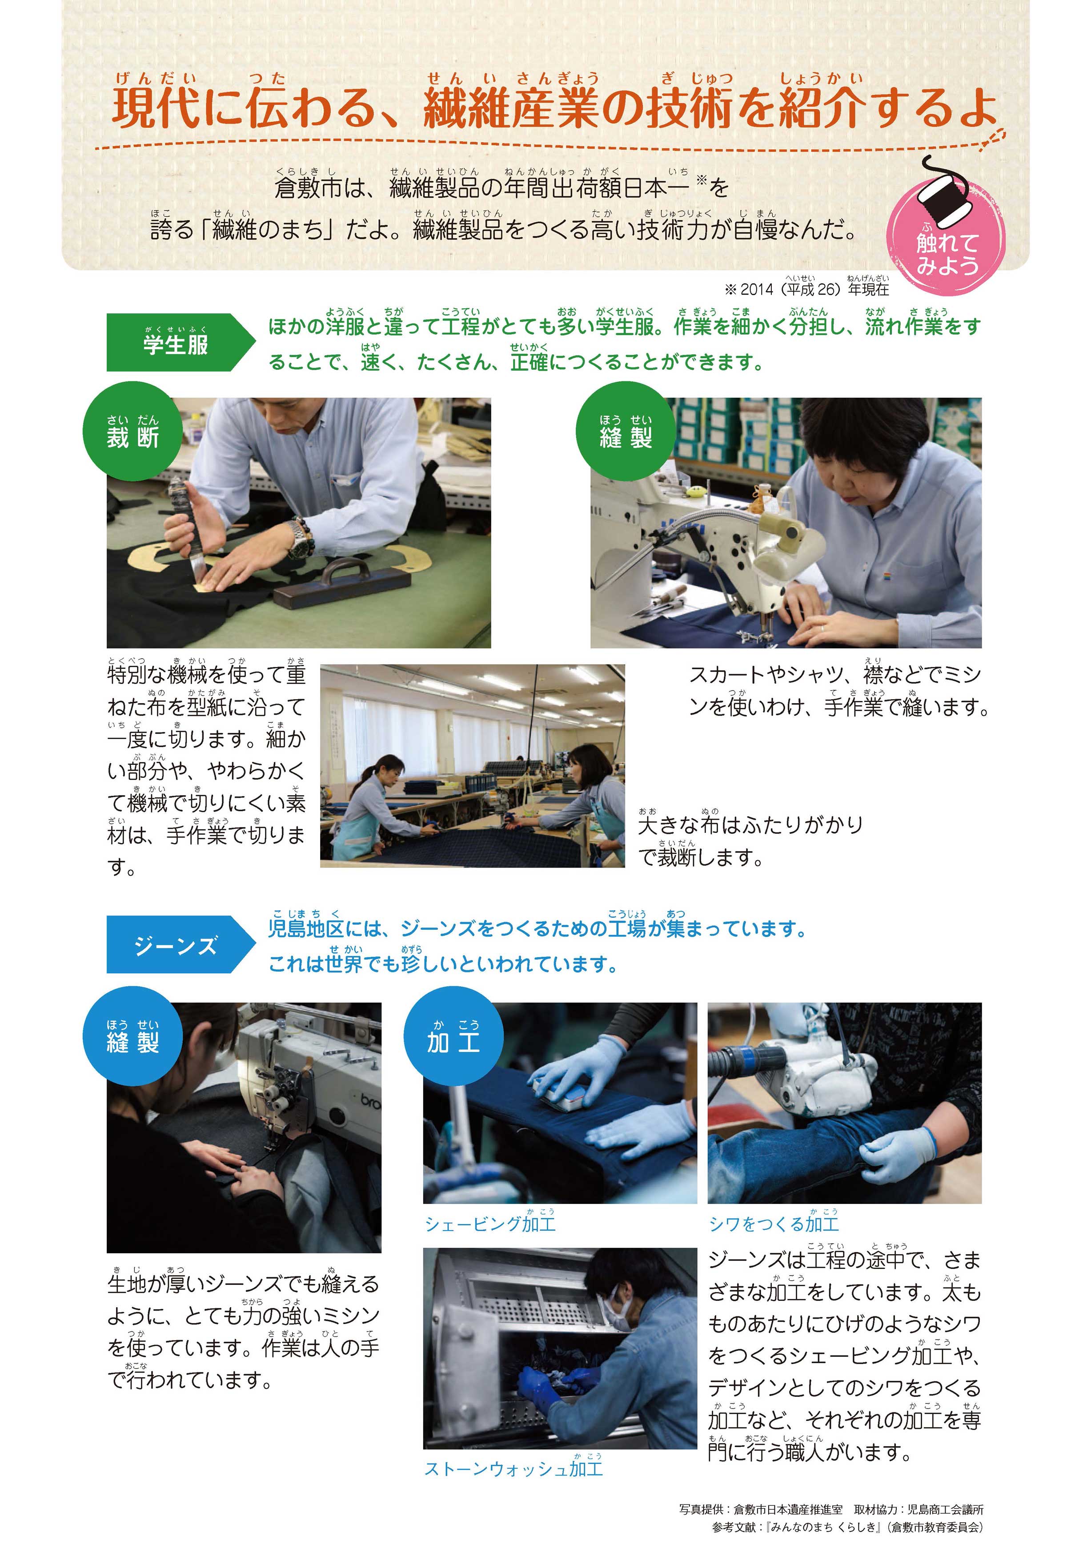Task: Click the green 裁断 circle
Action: pos(132,431)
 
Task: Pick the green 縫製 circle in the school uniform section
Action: pos(626,431)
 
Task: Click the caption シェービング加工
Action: pos(490,1224)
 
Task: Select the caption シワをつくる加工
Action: pos(774,1224)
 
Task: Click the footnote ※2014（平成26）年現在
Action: pos(806,288)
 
